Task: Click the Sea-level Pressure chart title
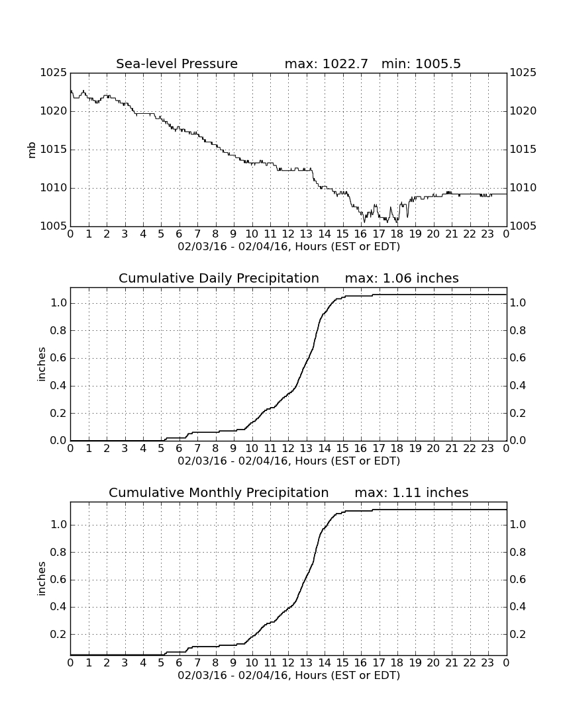tap(177, 64)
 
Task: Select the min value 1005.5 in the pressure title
tap(438, 64)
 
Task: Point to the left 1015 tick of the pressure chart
tap(54, 150)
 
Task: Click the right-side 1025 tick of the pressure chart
tap(523, 73)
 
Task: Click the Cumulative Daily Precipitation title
tap(219, 278)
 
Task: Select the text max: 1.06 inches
tap(402, 278)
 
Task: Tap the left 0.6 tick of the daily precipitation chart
tap(59, 358)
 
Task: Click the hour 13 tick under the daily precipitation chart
tap(306, 449)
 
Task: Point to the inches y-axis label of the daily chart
tap(42, 365)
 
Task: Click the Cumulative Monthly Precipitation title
tap(219, 492)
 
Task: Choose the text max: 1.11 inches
tap(411, 492)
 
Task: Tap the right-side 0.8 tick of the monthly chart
tap(518, 553)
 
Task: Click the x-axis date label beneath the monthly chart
tap(289, 676)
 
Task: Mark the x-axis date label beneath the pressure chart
tap(289, 247)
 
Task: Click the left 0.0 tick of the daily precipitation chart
tap(59, 441)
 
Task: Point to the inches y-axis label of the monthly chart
tap(42, 579)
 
